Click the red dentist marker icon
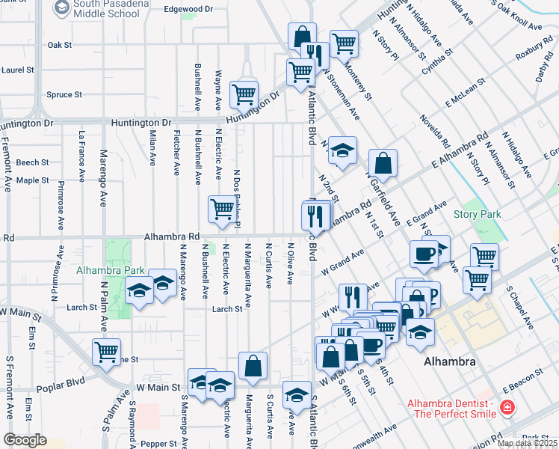pyautogui.click(x=508, y=409)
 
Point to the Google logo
pyautogui.click(x=25, y=440)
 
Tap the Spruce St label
pyautogui.click(x=64, y=95)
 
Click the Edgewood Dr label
pyautogui.click(x=183, y=9)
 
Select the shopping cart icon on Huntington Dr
pyautogui.click(x=244, y=95)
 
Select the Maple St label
pyautogui.click(x=32, y=180)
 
